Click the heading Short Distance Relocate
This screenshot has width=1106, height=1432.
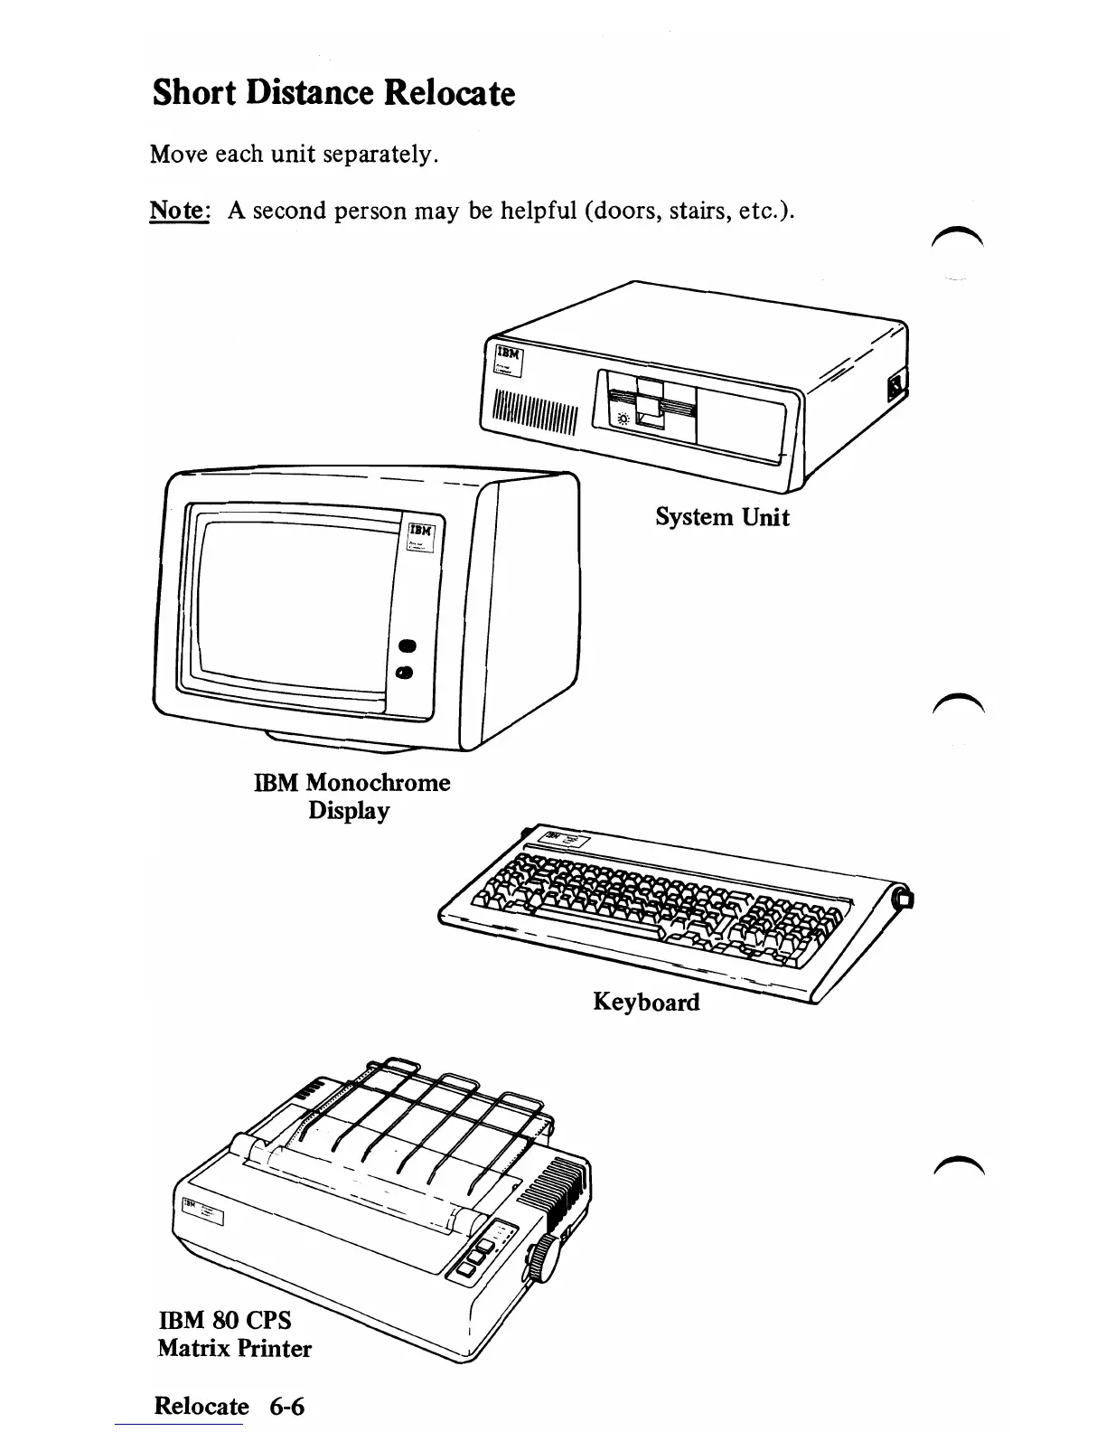pos(333,93)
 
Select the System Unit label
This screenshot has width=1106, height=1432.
pos(722,517)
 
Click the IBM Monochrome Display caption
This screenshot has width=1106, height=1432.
pos(351,796)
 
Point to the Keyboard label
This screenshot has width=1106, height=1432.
pos(646,1002)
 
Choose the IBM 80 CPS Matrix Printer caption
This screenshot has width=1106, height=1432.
pos(233,1333)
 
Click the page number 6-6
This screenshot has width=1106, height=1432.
pos(286,1406)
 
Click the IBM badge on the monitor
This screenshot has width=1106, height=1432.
pos(421,537)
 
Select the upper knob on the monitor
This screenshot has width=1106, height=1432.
pos(406,645)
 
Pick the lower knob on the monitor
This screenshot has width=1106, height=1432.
pos(405,673)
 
